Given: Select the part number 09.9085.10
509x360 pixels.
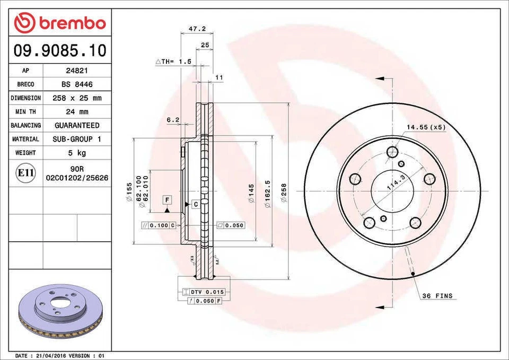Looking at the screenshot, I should [59, 51].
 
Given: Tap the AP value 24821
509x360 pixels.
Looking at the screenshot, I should [77, 71].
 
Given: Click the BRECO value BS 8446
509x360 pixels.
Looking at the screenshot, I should [77, 84].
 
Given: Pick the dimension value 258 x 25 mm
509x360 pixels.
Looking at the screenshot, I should [77, 98].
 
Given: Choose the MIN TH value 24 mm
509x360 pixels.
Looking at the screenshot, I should [77, 112].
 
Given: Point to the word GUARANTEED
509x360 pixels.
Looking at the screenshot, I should [77, 126].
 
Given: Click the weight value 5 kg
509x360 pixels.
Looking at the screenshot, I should [77, 153].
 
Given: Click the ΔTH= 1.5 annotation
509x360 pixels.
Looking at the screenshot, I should [173, 62].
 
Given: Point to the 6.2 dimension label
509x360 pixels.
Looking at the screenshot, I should [173, 120].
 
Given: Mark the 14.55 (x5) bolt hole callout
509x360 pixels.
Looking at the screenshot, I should [426, 127].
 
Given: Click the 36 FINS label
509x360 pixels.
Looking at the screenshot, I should [437, 295].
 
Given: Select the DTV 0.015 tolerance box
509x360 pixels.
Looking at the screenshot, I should [204, 292].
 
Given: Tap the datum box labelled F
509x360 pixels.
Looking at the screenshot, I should [166, 200].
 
